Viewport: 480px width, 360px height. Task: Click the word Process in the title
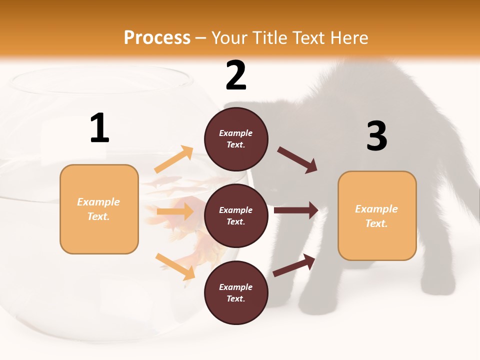pyautogui.click(x=157, y=38)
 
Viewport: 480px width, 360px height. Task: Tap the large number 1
pyautogui.click(x=99, y=128)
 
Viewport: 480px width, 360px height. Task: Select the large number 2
pyautogui.click(x=236, y=75)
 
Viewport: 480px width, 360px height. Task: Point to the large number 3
pyautogui.click(x=376, y=136)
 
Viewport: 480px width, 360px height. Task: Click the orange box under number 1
pyautogui.click(x=99, y=209)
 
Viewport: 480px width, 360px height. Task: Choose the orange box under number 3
pyautogui.click(x=377, y=216)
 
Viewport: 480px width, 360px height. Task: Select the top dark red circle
pyautogui.click(x=236, y=139)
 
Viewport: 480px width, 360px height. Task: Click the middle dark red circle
pyautogui.click(x=236, y=216)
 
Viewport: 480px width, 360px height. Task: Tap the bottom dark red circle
pyautogui.click(x=236, y=293)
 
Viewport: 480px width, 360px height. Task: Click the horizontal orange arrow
pyautogui.click(x=175, y=211)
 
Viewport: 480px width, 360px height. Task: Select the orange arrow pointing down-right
pyautogui.click(x=175, y=266)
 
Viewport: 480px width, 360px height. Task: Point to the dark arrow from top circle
pyautogui.click(x=297, y=160)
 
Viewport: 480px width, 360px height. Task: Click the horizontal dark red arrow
pyautogui.click(x=295, y=210)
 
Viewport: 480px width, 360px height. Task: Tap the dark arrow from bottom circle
pyautogui.click(x=294, y=265)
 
